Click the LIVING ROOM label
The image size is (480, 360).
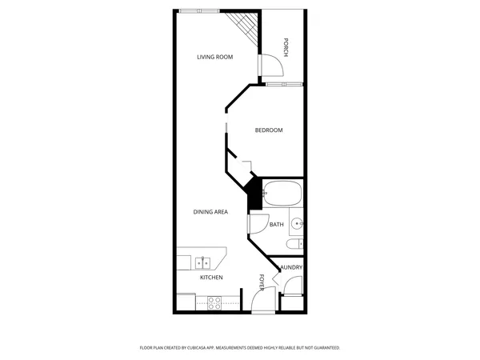[x=215, y=57]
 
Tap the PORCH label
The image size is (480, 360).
[x=285, y=48]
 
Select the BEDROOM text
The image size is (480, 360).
[x=269, y=130]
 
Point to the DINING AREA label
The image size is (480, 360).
[x=211, y=212]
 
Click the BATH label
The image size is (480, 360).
[x=276, y=225]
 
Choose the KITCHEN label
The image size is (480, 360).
[x=211, y=278]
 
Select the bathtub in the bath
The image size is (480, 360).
[x=282, y=194]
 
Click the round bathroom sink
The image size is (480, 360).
[x=297, y=224]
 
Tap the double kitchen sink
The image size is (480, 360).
[x=202, y=262]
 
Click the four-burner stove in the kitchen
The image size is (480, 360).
[x=215, y=302]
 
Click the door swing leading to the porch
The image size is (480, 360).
[x=269, y=65]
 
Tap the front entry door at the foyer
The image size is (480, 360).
[x=261, y=301]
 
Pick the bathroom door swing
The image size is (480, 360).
[x=258, y=225]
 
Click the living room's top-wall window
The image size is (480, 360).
[x=200, y=11]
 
